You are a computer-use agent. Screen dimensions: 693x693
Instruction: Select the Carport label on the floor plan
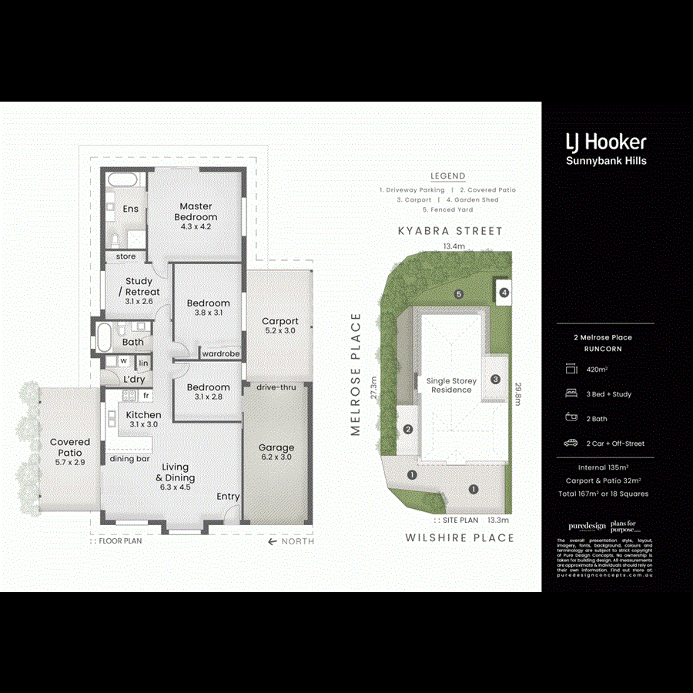(280, 322)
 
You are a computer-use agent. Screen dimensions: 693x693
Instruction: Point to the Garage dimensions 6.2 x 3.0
(276, 457)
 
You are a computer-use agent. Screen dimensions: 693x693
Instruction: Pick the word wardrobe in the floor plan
(220, 354)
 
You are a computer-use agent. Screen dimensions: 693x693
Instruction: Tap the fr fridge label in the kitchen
(145, 395)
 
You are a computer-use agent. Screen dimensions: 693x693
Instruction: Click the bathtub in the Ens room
(122, 181)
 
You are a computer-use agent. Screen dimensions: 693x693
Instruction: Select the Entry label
(228, 497)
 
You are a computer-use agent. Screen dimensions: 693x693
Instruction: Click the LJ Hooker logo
(606, 142)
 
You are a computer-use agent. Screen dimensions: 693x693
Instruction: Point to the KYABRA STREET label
(450, 231)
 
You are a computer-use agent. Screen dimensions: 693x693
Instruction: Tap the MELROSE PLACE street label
(356, 375)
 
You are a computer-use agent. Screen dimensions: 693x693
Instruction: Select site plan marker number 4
(504, 293)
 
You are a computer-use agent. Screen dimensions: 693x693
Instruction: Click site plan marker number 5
(458, 294)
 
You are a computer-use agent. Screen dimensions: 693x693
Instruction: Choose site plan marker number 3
(495, 379)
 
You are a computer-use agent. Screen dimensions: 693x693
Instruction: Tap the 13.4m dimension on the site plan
(454, 246)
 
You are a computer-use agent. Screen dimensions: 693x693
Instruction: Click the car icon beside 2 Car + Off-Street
(571, 444)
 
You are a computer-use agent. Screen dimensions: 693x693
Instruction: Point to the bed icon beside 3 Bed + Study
(571, 394)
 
